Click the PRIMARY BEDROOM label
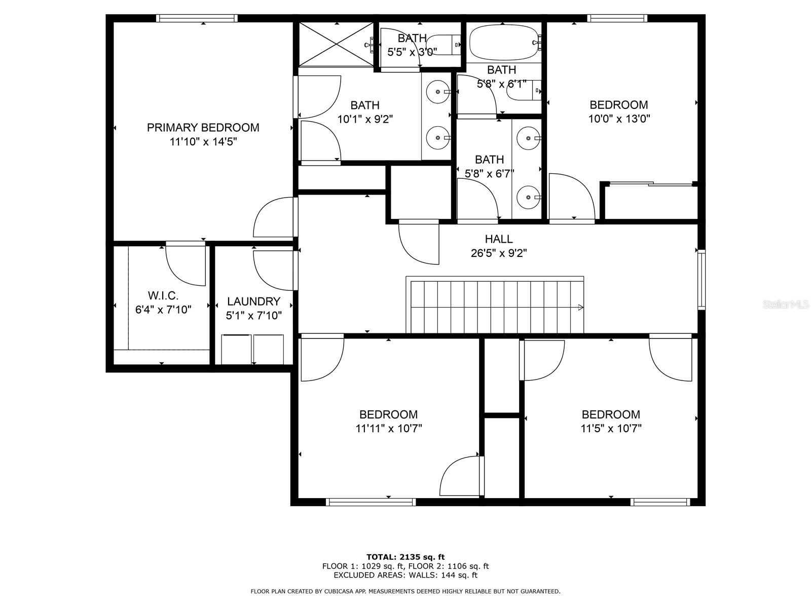pyautogui.click(x=203, y=128)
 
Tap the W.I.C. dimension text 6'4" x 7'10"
pyautogui.click(x=163, y=310)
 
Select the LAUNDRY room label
pyautogui.click(x=253, y=301)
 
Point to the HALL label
pyautogui.click(x=499, y=239)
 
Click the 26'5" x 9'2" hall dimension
pyautogui.click(x=499, y=253)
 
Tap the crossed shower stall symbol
pyautogui.click(x=336, y=44)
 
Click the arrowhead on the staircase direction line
pyautogui.click(x=580, y=307)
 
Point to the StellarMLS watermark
pyautogui.click(x=785, y=305)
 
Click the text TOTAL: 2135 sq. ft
pyautogui.click(x=405, y=557)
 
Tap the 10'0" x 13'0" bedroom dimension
pyautogui.click(x=619, y=119)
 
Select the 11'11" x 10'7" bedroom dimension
pyautogui.click(x=389, y=428)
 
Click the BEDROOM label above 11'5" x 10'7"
pyautogui.click(x=611, y=414)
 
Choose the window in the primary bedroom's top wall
pyautogui.click(x=197, y=18)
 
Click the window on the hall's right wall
pyautogui.click(x=702, y=280)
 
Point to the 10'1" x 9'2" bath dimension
pyautogui.click(x=365, y=119)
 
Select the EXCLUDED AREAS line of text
pyautogui.click(x=405, y=575)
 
